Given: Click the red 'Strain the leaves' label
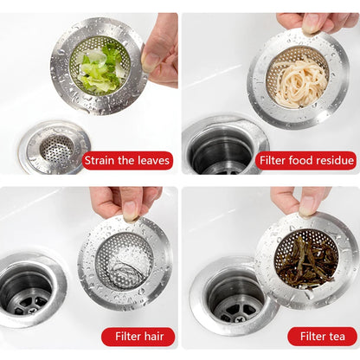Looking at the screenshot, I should tap(127, 160).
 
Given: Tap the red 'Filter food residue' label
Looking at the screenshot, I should tap(306, 160).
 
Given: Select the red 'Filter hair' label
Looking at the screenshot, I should tap(138, 336).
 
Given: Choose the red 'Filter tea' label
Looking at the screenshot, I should tap(322, 336).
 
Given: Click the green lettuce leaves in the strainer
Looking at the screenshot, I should tap(100, 67).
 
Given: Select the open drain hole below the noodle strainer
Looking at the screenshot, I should tap(219, 151).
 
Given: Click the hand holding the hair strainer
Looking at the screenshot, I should tap(121, 201).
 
